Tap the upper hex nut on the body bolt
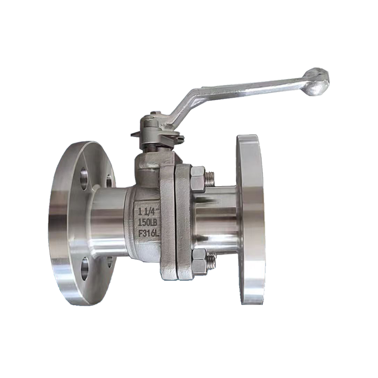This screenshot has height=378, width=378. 198,179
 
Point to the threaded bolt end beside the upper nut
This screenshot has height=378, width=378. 210,179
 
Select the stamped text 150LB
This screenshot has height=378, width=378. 147,223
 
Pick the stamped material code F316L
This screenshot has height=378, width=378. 149,233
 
